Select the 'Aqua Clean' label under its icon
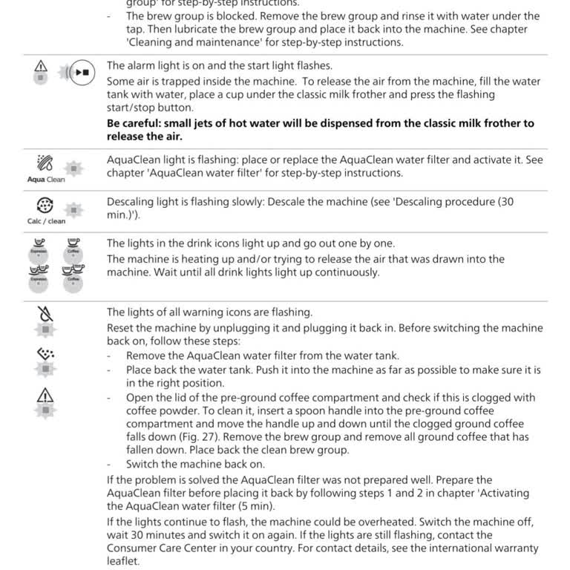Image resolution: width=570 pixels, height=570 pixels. click(x=45, y=180)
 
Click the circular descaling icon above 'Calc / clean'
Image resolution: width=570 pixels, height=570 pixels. click(x=45, y=206)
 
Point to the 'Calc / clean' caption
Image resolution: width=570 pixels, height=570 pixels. click(x=45, y=220)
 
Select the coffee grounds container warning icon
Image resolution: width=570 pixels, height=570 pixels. click(x=44, y=354)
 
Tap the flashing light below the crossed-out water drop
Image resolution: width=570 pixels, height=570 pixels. click(x=44, y=328)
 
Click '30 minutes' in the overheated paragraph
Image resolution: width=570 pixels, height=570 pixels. click(x=154, y=534)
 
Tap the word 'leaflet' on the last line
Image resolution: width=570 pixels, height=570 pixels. click(x=123, y=562)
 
